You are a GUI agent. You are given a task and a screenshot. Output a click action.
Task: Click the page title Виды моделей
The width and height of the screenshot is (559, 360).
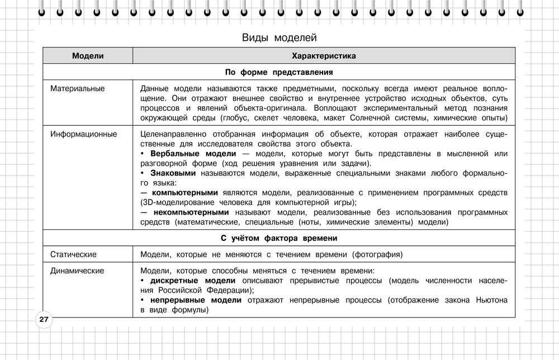coord(279,37)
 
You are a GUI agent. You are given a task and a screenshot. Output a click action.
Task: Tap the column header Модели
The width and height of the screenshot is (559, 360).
coord(88,56)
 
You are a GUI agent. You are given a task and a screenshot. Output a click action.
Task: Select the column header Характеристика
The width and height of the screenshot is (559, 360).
coord(324,56)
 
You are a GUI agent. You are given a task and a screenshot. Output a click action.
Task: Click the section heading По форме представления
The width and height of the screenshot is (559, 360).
coord(279,72)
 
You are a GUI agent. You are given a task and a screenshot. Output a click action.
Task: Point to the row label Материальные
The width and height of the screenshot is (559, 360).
coord(77,88)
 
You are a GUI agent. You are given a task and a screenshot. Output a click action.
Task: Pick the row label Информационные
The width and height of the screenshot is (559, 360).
coord(83,134)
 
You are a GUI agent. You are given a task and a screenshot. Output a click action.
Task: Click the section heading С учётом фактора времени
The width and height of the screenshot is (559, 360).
coord(279,238)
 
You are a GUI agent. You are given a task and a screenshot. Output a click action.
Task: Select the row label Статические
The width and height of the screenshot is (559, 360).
coord(73,254)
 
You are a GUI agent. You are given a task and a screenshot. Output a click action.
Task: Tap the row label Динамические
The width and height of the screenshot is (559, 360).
coord(77,271)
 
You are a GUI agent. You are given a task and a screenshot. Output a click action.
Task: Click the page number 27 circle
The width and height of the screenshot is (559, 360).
coord(44,320)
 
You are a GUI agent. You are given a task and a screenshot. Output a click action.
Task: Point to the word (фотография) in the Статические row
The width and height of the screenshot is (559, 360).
coord(377,255)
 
